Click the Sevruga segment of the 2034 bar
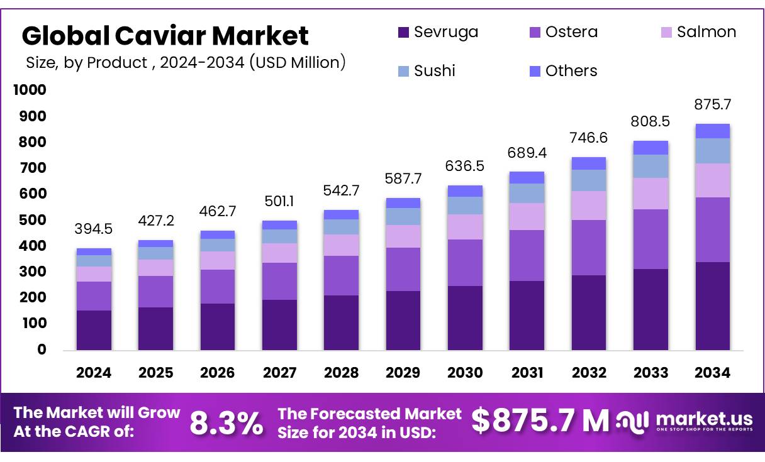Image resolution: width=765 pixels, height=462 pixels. (x=712, y=305)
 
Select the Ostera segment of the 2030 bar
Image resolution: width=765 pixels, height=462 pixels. (x=465, y=263)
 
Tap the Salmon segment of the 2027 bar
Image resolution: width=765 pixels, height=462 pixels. (x=279, y=253)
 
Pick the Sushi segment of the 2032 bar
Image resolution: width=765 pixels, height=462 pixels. (x=589, y=180)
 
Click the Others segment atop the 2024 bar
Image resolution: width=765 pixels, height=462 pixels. (x=94, y=251)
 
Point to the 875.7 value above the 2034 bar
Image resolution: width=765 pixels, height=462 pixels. (x=713, y=104)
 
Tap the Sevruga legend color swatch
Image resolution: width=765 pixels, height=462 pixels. (x=404, y=33)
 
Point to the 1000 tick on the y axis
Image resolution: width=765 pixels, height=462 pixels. (x=30, y=91)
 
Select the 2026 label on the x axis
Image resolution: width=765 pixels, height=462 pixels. (x=218, y=373)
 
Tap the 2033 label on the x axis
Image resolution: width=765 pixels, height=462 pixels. (x=651, y=373)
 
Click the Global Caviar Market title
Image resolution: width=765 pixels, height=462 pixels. (x=165, y=36)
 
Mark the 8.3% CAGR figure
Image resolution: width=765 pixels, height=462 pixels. (x=226, y=423)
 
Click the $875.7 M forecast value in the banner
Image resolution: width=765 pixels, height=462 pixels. (x=540, y=421)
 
